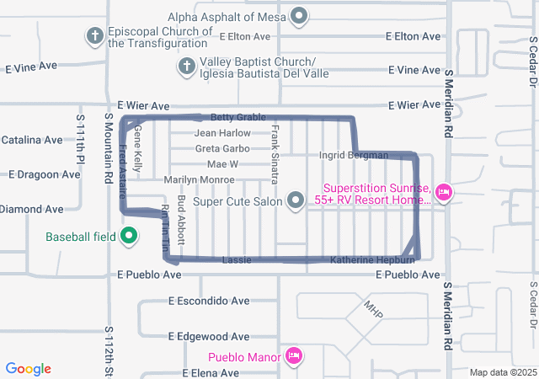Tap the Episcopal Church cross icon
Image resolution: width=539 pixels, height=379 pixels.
point(94,36)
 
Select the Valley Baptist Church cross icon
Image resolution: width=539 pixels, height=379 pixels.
point(187,65)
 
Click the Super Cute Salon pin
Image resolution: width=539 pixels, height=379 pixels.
point(296,200)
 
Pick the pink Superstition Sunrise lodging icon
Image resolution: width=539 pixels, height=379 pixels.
point(444,194)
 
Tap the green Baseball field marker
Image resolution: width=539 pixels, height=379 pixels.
point(129,236)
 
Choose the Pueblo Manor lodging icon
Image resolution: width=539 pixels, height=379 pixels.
point(292,356)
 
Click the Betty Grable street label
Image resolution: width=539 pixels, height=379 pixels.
point(237,118)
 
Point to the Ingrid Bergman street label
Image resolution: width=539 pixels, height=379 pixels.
point(354,155)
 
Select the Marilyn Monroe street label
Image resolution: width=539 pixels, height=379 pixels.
point(199,179)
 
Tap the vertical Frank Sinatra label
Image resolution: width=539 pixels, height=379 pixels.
point(275,154)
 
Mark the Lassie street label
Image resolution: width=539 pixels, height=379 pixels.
point(236,260)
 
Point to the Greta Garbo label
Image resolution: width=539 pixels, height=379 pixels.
point(222,148)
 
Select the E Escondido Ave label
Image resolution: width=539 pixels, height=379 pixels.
point(209,301)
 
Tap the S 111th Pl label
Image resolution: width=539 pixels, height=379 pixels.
point(82,140)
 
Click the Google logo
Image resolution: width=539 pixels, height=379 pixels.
point(29,369)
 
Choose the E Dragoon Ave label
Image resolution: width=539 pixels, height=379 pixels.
point(45,174)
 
